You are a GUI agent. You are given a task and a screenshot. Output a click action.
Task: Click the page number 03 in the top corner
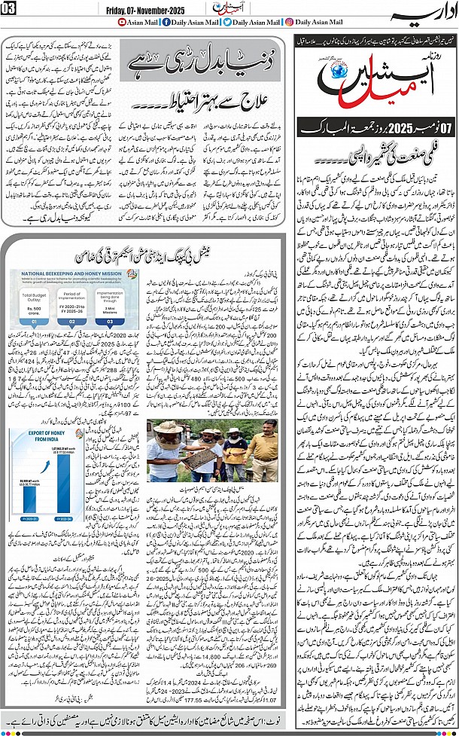point(8,8)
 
